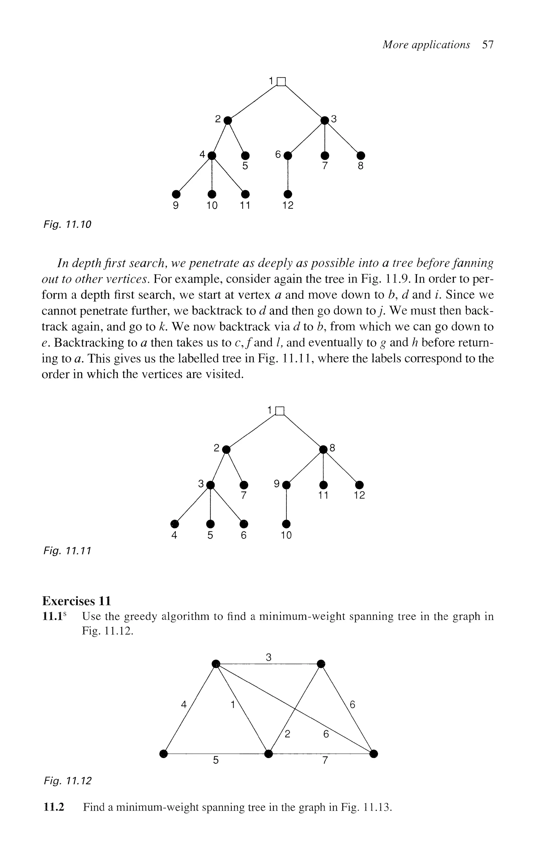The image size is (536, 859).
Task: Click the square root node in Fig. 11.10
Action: coord(281,82)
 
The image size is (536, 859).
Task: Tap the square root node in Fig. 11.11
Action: coord(280,411)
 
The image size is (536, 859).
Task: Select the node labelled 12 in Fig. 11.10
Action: coord(288,194)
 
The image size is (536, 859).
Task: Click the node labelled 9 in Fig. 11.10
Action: coord(175,194)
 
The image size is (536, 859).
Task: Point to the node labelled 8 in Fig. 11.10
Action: coord(361,155)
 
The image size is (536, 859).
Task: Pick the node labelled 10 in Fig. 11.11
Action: coord(286,523)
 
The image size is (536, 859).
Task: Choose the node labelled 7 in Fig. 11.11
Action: coord(244,484)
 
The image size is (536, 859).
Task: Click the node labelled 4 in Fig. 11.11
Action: coord(174,523)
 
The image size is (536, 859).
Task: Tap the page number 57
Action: coord(488,45)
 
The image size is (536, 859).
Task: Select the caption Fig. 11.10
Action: coord(67,224)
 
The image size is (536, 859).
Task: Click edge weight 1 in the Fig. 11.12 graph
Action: coord(233,705)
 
